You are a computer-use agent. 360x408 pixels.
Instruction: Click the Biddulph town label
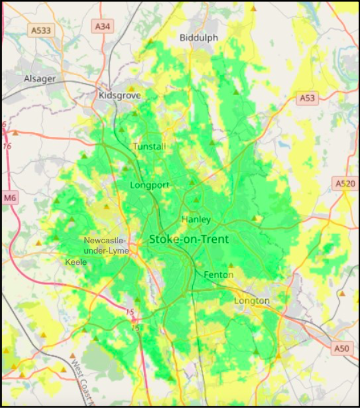point(199,38)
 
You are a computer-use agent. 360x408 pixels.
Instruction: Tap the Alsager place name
point(40,79)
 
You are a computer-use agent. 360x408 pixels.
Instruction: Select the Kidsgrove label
point(119,95)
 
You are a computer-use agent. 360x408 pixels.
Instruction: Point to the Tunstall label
point(149,146)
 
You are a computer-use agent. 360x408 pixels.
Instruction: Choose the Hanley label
point(196,219)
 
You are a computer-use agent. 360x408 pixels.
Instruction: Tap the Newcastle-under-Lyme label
point(107,246)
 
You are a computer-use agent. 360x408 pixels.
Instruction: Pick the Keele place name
point(76,262)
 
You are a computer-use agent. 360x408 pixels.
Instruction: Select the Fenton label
point(219,275)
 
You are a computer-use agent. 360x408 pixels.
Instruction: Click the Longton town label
point(252,300)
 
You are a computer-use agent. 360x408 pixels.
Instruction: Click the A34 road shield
point(102,26)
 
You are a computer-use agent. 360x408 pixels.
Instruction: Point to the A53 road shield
point(307,98)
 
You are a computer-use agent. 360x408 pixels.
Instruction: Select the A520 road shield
point(344,183)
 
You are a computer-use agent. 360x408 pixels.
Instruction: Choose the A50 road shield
point(341,348)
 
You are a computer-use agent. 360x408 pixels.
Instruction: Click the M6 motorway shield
point(10,198)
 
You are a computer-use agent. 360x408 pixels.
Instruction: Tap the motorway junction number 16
point(7,146)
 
